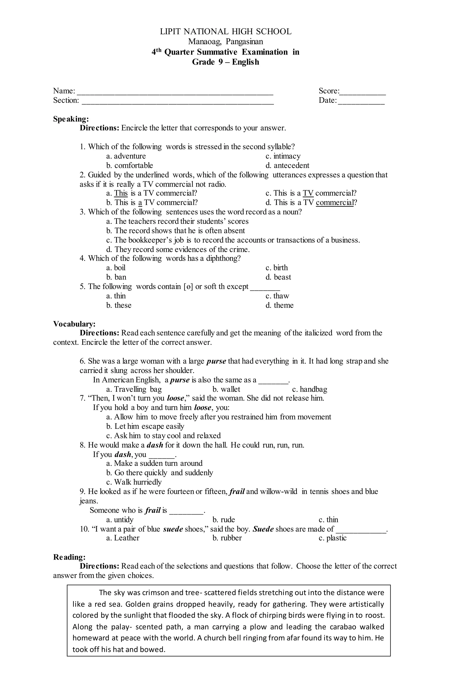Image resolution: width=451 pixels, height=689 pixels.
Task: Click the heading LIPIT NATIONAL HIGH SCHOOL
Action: (225, 31)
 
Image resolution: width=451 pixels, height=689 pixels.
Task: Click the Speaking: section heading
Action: (71, 119)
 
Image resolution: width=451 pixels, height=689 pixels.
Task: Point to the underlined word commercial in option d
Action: (335, 202)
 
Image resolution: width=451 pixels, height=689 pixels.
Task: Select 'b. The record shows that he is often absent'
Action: (175, 231)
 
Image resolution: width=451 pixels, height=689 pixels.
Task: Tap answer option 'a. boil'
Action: (116, 268)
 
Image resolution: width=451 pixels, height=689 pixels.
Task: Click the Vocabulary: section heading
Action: (74, 324)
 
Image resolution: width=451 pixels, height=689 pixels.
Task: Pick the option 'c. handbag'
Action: (310, 389)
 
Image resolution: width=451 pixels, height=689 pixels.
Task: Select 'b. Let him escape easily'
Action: (145, 426)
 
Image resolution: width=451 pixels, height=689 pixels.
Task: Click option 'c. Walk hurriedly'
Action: (134, 482)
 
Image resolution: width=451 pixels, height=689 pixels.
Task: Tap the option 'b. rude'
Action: (224, 519)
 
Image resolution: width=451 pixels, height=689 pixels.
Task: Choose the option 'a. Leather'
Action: (123, 538)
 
